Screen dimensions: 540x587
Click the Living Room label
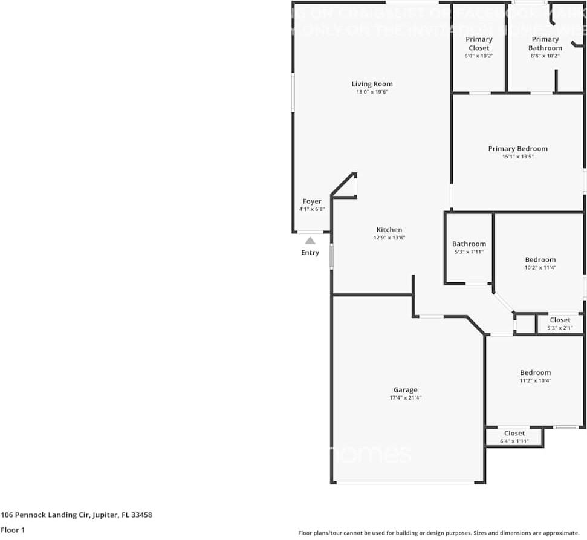point(372,84)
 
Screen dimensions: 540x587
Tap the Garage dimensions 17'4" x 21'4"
point(405,398)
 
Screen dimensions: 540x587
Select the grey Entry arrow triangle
point(310,241)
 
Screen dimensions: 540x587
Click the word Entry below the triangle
point(310,253)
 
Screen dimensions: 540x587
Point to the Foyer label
point(312,201)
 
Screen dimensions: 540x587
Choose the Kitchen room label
point(389,230)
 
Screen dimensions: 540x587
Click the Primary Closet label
point(479,44)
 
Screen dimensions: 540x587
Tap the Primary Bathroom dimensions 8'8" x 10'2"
point(545,56)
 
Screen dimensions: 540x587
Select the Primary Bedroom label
point(518,149)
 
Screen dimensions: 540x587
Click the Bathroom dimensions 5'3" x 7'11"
point(469,252)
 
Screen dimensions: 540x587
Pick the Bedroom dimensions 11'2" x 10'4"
point(535,380)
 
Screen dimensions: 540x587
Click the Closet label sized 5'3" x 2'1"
point(560,320)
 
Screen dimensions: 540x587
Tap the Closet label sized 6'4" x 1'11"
point(514,433)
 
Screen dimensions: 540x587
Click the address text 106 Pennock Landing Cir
point(76,515)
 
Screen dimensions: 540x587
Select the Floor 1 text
point(13,530)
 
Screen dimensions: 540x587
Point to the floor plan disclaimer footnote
point(438,533)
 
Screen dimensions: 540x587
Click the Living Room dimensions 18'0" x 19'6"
point(372,92)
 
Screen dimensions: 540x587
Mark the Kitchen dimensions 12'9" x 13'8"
point(389,238)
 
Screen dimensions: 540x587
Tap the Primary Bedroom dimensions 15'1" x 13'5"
point(518,157)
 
